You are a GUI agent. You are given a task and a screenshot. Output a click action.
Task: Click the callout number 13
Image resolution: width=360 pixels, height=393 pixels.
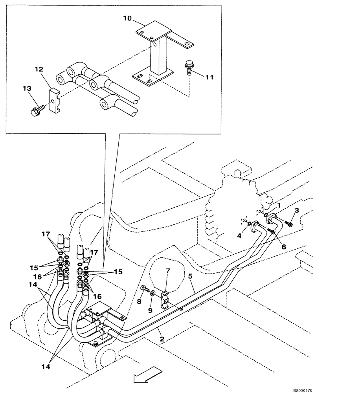point(27,90)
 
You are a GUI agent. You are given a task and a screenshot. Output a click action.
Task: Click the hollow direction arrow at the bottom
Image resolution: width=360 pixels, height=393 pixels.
point(147,374)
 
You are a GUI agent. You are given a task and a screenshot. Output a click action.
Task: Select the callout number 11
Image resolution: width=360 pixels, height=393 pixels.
point(209,77)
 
